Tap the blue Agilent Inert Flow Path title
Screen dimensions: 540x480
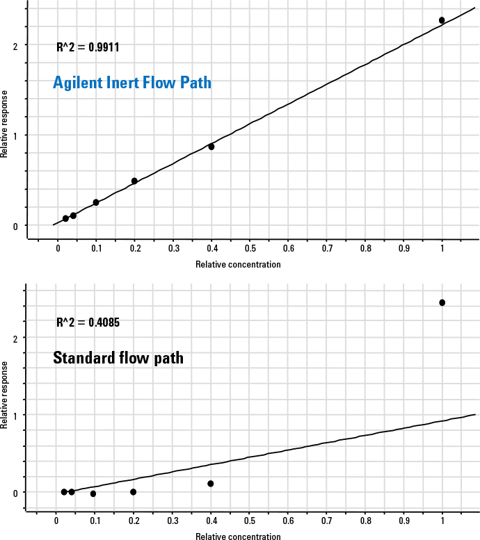point(132,83)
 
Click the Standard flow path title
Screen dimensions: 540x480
point(118,359)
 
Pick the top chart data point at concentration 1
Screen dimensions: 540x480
point(442,20)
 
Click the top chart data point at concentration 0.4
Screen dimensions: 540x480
point(211,147)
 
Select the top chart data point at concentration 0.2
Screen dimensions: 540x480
point(134,181)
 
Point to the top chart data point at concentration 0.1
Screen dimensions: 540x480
point(96,202)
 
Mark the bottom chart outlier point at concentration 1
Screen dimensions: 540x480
point(442,302)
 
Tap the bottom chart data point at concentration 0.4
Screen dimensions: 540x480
point(210,484)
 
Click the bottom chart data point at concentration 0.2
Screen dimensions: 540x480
point(134,492)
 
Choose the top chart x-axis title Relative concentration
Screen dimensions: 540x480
point(238,264)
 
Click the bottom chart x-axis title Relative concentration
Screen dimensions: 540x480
point(238,537)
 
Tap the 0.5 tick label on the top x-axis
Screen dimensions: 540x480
point(250,248)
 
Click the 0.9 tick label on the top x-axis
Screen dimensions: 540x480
point(403,248)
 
